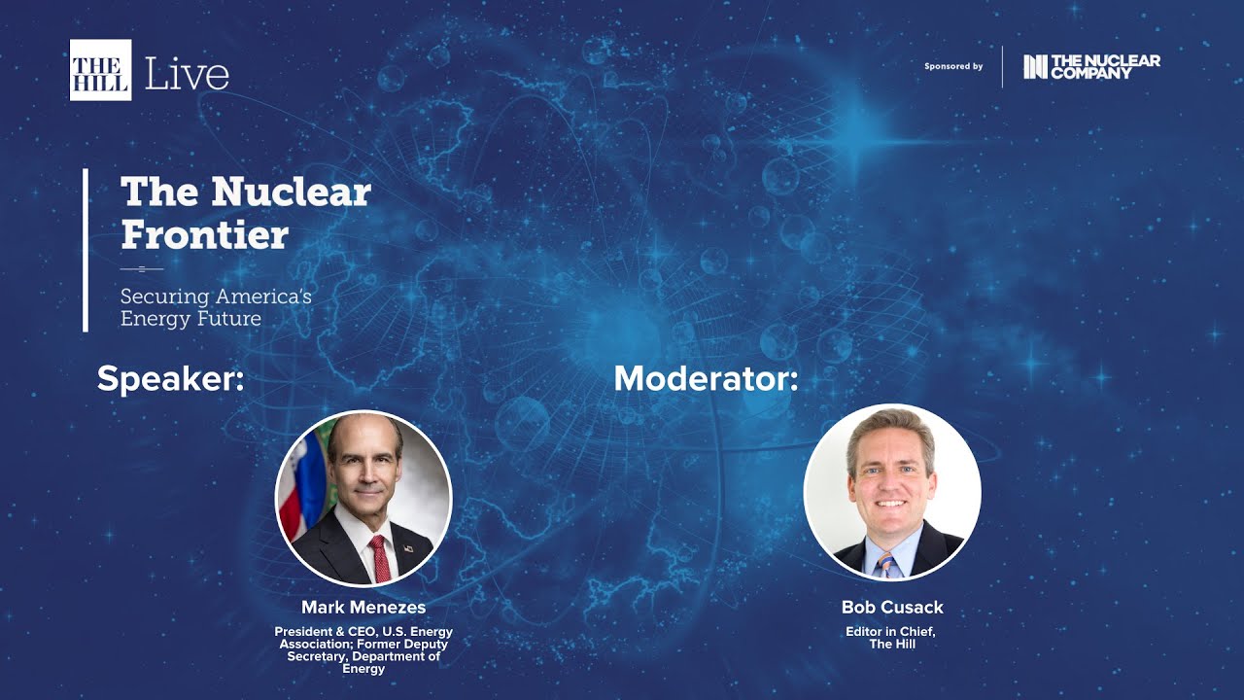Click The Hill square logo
[x=100, y=70]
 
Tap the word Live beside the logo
[x=187, y=74]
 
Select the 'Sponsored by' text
[x=953, y=66]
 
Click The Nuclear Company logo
[x=1091, y=66]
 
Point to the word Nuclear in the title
[x=292, y=192]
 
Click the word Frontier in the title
[x=204, y=234]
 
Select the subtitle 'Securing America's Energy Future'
[x=216, y=307]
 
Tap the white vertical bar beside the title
[x=86, y=250]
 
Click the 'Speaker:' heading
[x=170, y=378]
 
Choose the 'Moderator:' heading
[x=706, y=378]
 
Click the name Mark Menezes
[x=363, y=608]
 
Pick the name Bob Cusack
[x=892, y=608]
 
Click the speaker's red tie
[x=380, y=558]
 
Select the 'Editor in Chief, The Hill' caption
[x=891, y=638]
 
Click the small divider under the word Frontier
[x=142, y=267]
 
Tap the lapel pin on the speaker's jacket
[x=407, y=548]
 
